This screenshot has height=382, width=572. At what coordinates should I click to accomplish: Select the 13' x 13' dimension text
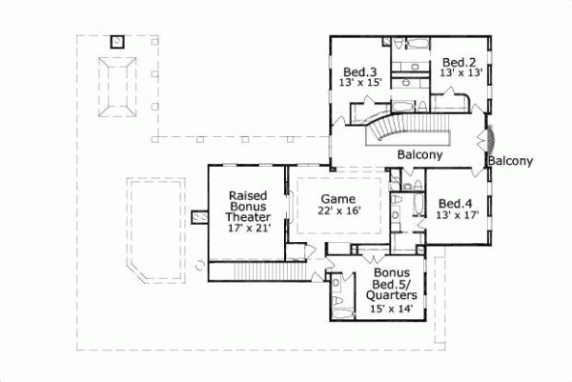pos(460,73)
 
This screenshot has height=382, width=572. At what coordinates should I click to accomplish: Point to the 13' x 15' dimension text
pos(360,84)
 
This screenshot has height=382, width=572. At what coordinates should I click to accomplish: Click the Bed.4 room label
pos(455,203)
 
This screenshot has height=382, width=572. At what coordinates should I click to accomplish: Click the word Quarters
pos(390,296)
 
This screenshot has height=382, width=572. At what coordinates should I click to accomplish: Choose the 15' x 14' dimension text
pos(389,308)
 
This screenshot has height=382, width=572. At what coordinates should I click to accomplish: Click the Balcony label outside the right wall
pos(510,161)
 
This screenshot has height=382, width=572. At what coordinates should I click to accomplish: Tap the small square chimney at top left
pos(117,41)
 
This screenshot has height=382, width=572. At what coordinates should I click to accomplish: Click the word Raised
pos(248,194)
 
